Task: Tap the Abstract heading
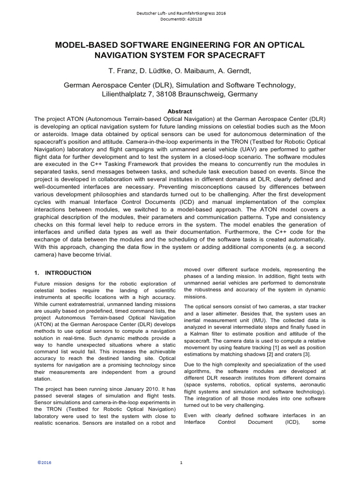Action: coord(180,111)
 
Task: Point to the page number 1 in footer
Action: coord(180,463)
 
